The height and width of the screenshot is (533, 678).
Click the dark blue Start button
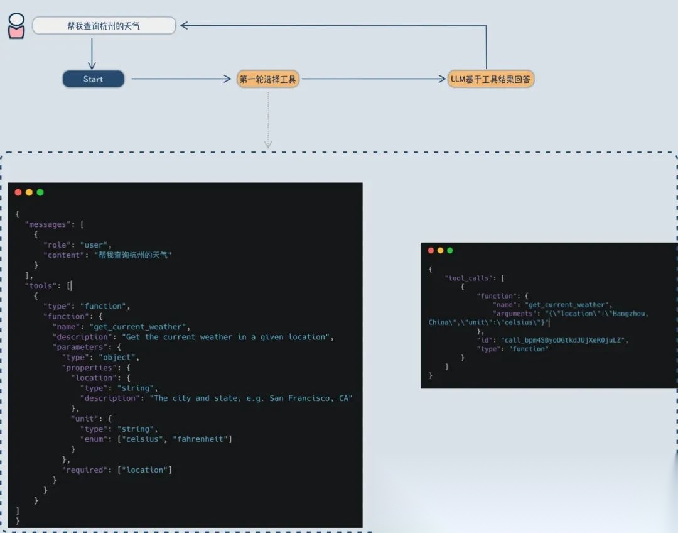tap(93, 79)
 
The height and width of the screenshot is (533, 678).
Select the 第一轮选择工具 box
tap(268, 79)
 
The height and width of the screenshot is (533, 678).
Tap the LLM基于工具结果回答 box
tap(492, 79)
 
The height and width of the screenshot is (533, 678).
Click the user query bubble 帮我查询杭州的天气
tap(104, 26)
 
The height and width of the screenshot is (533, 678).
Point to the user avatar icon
tap(17, 26)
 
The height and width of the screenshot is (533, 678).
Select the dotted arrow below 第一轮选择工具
tap(268, 119)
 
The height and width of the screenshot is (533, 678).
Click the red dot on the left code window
tap(18, 192)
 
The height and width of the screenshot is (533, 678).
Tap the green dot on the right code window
tap(450, 250)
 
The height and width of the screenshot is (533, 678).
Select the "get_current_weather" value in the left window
tap(139, 327)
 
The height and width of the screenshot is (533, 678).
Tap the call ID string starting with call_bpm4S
tap(564, 340)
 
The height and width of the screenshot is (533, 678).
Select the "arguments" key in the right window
tap(516, 313)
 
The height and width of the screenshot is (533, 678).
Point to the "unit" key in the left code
tap(84, 419)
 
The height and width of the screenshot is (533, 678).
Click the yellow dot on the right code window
tap(440, 250)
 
